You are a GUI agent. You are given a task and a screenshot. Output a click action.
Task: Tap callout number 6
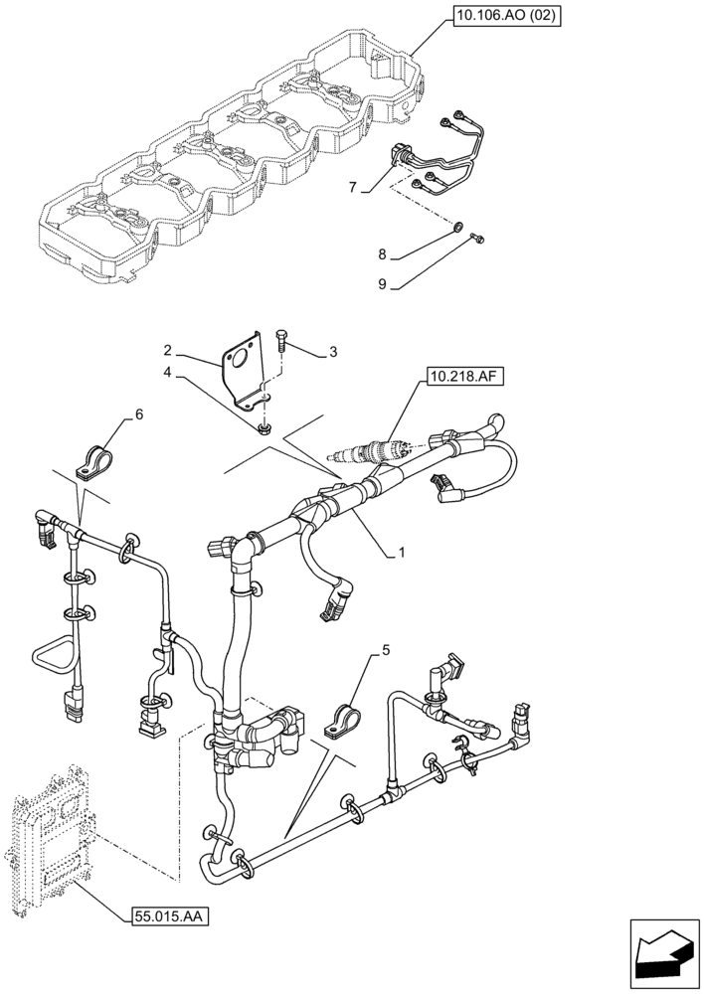tap(139, 414)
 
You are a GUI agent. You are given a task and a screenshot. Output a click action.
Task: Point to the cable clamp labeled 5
tap(348, 721)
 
